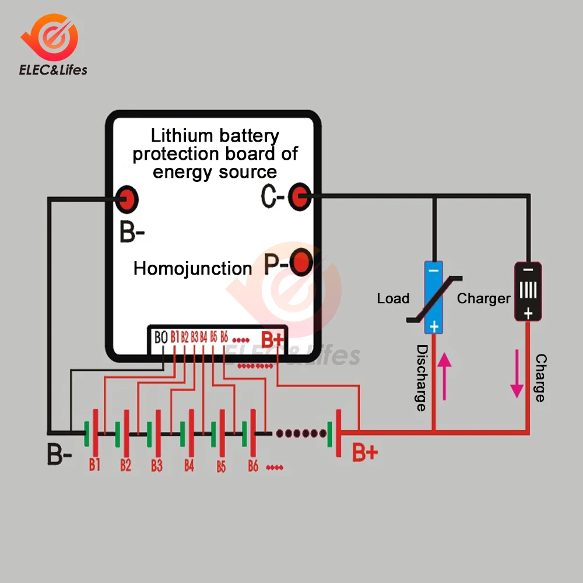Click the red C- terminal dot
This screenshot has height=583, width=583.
click(301, 197)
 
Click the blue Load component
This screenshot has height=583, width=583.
click(433, 297)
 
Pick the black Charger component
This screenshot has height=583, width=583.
click(528, 291)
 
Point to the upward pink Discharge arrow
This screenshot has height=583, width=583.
click(444, 375)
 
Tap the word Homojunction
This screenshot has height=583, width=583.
click(192, 269)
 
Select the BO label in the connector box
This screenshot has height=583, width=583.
click(161, 337)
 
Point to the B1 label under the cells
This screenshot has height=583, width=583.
click(94, 465)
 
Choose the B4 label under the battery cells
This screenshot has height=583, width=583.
click(189, 465)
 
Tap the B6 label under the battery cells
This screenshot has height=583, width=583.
click(252, 466)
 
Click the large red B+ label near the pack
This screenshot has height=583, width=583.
click(366, 452)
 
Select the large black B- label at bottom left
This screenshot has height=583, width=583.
click(60, 455)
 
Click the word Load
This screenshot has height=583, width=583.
click(393, 298)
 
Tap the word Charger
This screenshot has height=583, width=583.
click(483, 298)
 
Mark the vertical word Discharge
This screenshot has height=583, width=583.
click(422, 378)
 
